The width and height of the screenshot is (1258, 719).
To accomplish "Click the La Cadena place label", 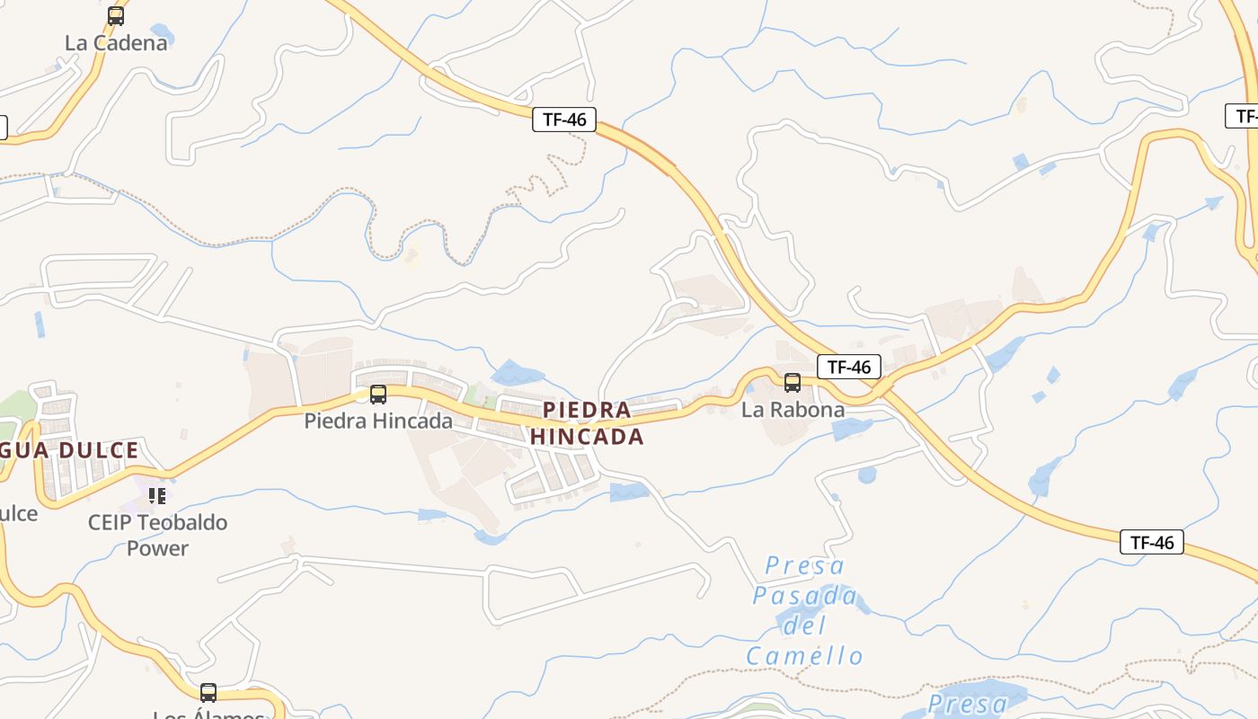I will (116, 42).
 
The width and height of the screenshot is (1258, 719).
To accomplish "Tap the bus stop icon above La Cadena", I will (116, 15).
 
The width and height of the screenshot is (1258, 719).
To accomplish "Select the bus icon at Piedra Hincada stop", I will (378, 394).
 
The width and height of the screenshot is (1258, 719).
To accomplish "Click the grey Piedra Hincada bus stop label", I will (378, 420).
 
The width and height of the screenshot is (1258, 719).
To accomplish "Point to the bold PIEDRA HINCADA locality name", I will (588, 423).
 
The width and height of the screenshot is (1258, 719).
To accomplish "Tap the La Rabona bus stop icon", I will (792, 383).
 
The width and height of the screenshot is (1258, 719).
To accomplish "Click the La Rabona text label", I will (793, 410).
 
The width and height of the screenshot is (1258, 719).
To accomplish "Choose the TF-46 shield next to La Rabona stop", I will (849, 367).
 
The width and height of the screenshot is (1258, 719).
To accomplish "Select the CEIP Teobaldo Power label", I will (157, 535).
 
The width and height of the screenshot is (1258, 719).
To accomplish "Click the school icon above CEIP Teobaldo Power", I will (157, 495).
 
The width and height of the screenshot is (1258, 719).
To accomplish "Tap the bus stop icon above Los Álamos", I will (208, 692).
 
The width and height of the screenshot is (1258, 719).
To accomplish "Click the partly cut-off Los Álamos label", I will (208, 715).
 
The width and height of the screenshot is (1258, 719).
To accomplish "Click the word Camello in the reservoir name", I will (804, 656).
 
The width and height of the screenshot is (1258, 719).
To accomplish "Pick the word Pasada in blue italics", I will (804, 595).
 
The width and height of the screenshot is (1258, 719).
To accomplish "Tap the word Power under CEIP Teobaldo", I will (157, 547).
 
